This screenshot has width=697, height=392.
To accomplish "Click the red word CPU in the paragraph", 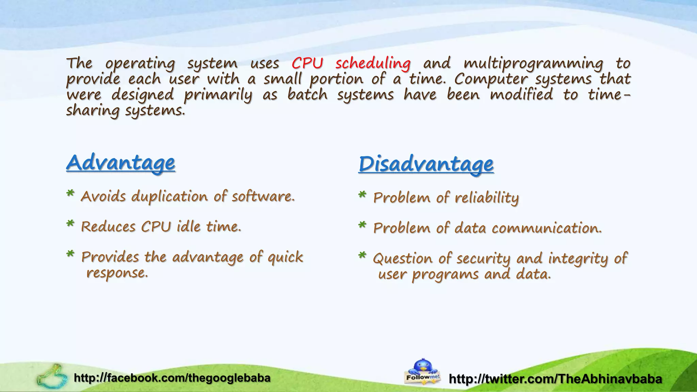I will (x=307, y=63).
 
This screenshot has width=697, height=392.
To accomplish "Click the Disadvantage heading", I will (x=426, y=164).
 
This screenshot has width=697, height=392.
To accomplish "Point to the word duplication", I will (x=169, y=197).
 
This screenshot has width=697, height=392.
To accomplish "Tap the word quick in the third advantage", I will (x=285, y=257).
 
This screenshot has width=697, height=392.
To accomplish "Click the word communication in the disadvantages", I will (x=547, y=228).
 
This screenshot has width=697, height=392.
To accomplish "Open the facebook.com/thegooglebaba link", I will (x=172, y=378).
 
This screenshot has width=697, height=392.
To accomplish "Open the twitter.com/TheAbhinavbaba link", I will (x=555, y=379).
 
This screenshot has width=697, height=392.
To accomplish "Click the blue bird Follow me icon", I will (x=422, y=371).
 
